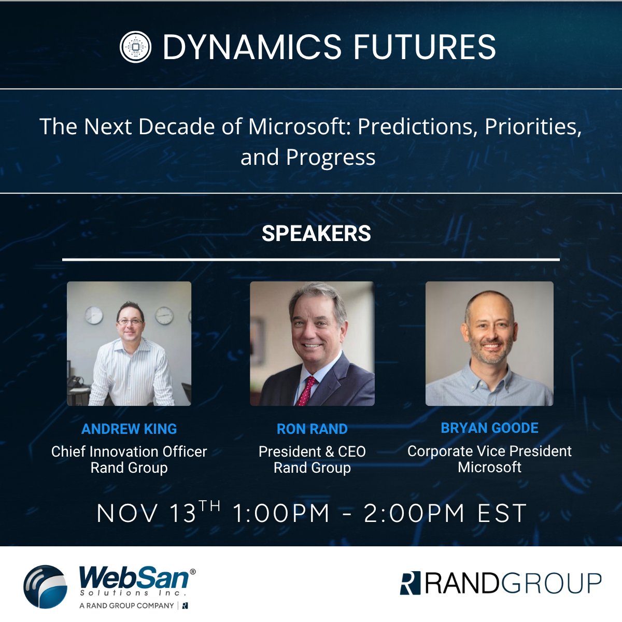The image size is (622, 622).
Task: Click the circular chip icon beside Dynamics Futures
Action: [x=135, y=47]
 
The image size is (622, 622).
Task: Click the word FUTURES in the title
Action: [x=424, y=47]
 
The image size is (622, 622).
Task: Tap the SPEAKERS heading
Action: [x=316, y=233]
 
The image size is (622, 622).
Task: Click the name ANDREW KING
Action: [x=129, y=429]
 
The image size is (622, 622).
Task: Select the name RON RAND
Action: [x=312, y=429]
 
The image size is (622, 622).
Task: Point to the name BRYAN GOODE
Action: [x=489, y=428]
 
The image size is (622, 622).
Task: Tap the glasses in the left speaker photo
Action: [x=130, y=322]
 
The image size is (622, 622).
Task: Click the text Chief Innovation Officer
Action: [x=129, y=451]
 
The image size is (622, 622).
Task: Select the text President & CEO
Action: [x=312, y=451]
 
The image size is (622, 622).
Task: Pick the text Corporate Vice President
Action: [x=489, y=451]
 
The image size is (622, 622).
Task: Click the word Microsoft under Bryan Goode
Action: [x=489, y=467]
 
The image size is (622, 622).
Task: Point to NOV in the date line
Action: [x=127, y=514]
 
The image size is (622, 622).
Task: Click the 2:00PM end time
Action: [x=414, y=514]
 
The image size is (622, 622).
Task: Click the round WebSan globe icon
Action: [x=46, y=586]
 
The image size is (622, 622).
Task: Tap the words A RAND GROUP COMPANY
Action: [x=126, y=605]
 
